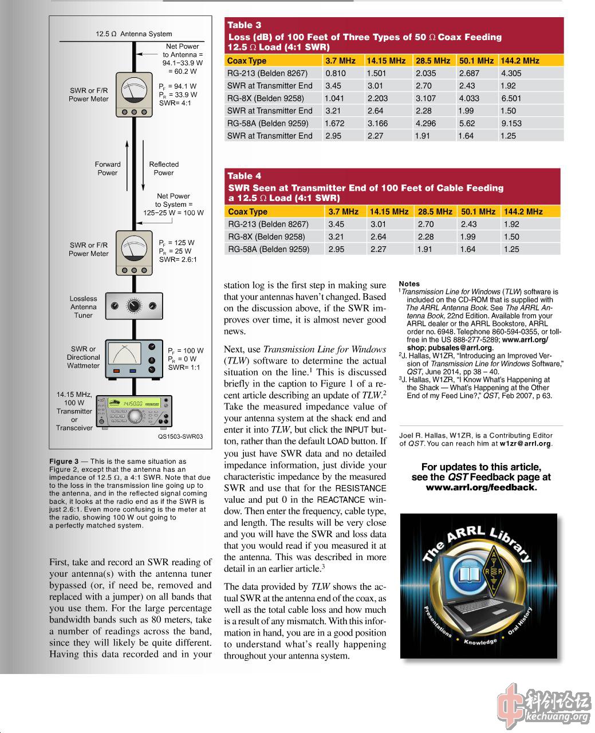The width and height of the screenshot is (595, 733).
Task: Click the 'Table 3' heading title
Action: click(244, 25)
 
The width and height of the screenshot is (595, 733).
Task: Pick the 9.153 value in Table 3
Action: click(511, 123)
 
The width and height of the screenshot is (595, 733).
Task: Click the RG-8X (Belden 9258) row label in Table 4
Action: click(266, 237)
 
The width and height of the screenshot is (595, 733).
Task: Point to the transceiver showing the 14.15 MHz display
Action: click(134, 412)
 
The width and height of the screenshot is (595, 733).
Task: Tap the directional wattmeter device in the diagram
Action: click(133, 358)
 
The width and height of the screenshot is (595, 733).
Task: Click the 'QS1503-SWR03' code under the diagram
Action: click(180, 436)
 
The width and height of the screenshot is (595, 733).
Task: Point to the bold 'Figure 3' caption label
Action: click(64, 461)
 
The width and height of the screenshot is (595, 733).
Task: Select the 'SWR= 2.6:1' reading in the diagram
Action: click(178, 259)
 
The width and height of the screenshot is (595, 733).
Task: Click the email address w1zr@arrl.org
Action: click(525, 443)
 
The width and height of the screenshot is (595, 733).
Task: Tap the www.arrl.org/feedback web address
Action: click(481, 487)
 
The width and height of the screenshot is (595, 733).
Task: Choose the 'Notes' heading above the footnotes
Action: click(409, 283)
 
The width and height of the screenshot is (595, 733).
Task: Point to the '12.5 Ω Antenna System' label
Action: click(133, 34)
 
